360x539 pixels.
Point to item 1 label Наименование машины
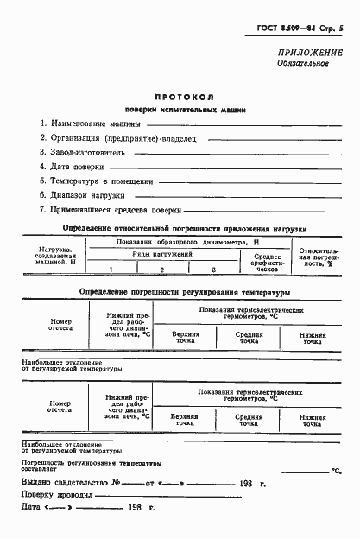(85, 123)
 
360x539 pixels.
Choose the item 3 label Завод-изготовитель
(82, 152)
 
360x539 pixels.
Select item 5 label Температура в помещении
(96, 181)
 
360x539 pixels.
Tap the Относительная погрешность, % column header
(317, 257)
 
